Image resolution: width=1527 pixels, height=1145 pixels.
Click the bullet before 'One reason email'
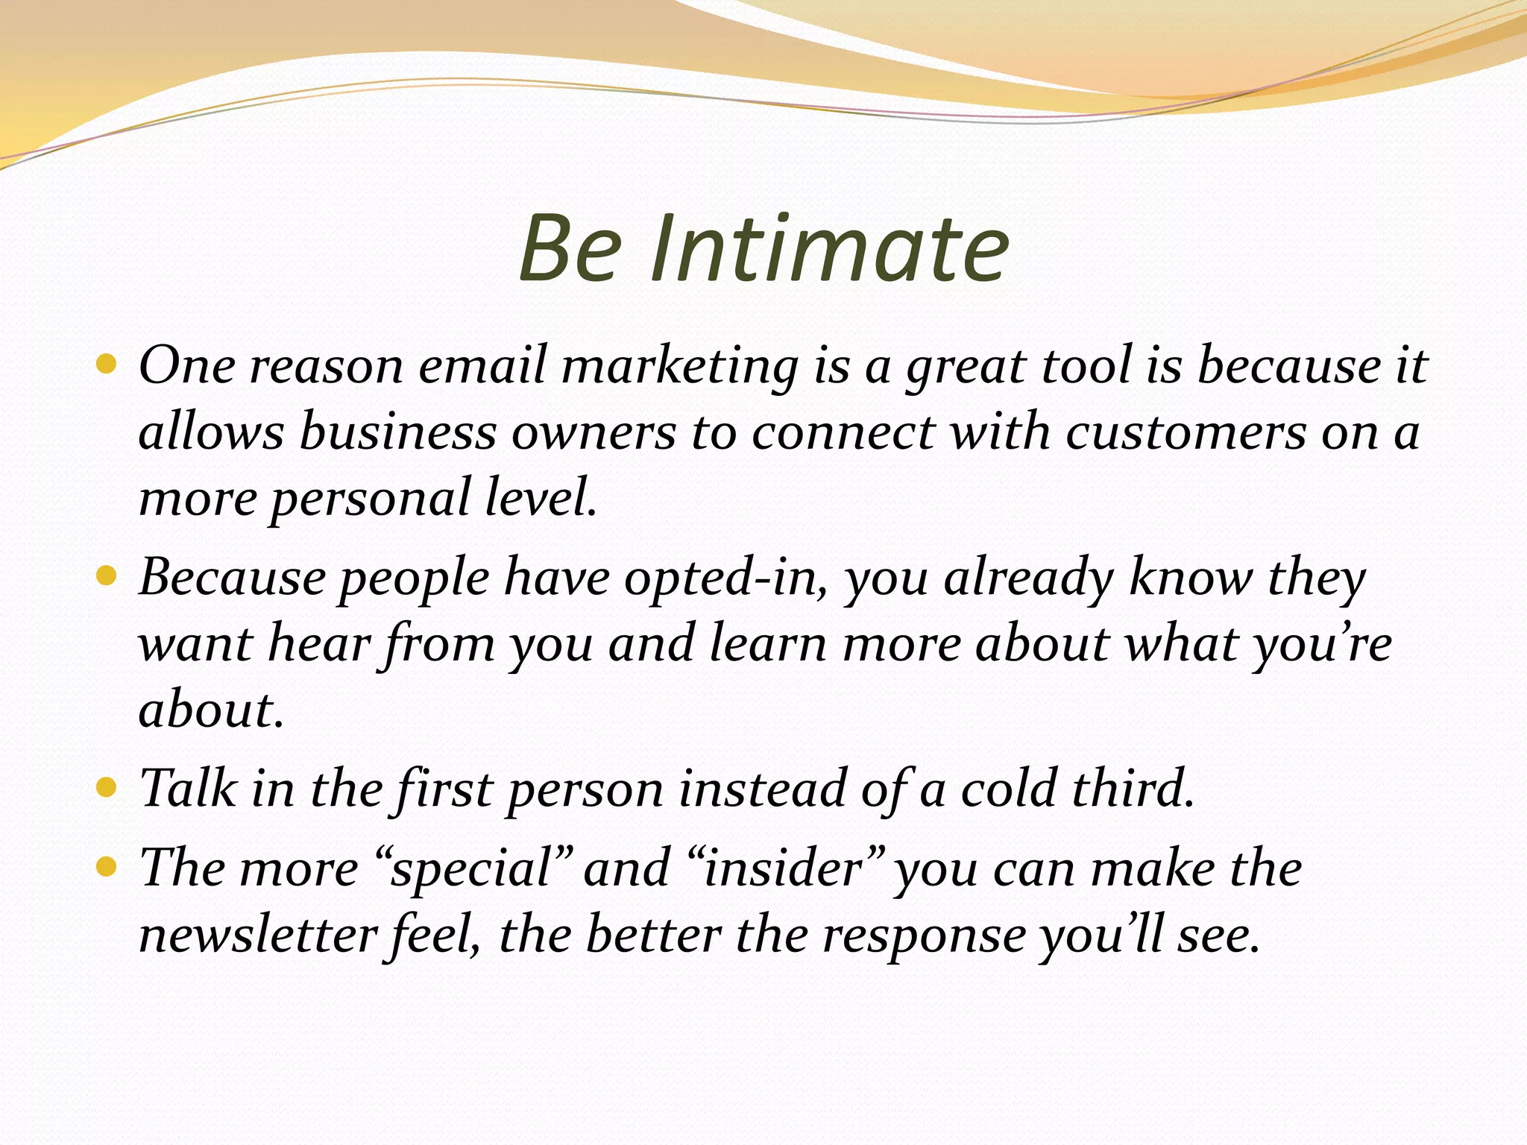click(107, 365)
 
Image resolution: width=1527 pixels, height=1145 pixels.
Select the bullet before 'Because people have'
click(107, 576)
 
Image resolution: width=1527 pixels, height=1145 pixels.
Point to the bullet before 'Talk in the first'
click(107, 788)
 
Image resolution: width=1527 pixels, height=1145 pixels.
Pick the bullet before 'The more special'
click(107, 868)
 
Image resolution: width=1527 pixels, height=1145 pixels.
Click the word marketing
click(679, 367)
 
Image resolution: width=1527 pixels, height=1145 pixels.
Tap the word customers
click(1186, 432)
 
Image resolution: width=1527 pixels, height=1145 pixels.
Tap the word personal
click(369, 499)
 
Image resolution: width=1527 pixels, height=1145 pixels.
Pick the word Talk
click(188, 789)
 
